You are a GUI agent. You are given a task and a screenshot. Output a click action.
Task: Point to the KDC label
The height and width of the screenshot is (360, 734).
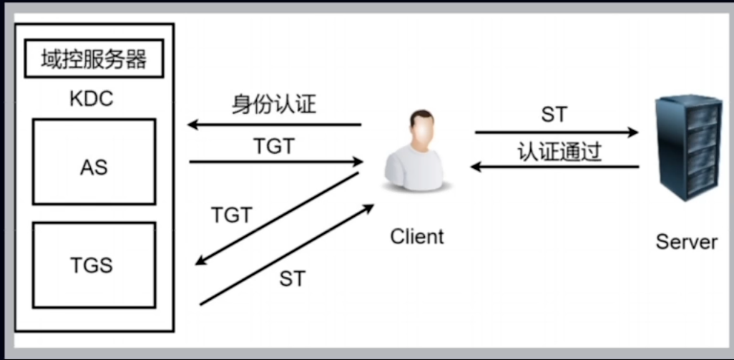[92, 99]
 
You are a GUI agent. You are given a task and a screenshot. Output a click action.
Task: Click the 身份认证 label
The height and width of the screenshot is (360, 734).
[274, 105]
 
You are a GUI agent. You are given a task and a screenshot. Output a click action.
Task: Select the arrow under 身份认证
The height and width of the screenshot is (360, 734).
[275, 125]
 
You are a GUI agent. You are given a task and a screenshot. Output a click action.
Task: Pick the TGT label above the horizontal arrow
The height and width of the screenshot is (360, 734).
[274, 147]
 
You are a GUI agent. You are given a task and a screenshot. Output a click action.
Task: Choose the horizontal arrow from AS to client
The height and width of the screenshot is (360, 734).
[276, 162]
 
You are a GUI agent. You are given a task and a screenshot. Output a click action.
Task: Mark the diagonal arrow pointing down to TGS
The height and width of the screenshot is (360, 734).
[277, 218]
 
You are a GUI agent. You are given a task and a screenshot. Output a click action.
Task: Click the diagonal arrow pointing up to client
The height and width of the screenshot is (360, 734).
[287, 255]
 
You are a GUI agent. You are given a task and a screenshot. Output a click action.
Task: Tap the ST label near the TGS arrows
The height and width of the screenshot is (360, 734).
[293, 279]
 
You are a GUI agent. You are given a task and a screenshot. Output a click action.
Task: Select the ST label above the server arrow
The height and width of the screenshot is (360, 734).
[554, 115]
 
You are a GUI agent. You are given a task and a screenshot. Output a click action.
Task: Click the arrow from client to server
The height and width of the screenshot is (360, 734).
[557, 132]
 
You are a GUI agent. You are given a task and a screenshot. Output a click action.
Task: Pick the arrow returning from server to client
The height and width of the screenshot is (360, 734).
[554, 166]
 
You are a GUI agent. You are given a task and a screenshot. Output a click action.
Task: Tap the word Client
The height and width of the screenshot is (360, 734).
[417, 236]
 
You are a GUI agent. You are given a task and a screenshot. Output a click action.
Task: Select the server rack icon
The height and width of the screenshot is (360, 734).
[688, 147]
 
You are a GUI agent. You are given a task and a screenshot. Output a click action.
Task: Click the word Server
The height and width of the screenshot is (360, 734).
[686, 242]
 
